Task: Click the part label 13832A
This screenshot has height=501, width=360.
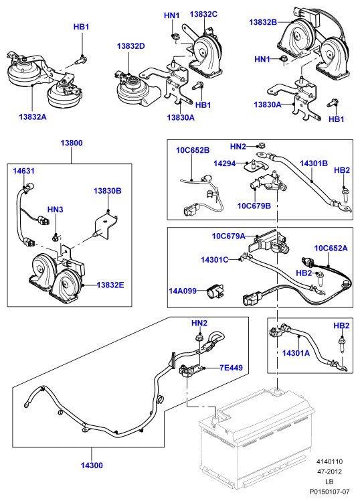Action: pyautogui.click(x=33, y=117)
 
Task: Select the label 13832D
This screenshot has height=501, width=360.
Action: pyautogui.click(x=131, y=46)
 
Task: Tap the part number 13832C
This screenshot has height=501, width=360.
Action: pyautogui.click(x=203, y=14)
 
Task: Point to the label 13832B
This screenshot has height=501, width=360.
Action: pyautogui.click(x=263, y=22)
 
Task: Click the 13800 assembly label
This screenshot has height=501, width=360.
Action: pyautogui.click(x=72, y=143)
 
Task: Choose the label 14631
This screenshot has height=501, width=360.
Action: pyautogui.click(x=23, y=171)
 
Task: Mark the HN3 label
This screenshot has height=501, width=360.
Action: pyautogui.click(x=56, y=210)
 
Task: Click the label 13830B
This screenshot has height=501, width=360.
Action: pyautogui.click(x=108, y=191)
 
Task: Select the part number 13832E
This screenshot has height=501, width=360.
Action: pyautogui.click(x=110, y=285)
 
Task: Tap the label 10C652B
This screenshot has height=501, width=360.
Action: pyautogui.click(x=193, y=150)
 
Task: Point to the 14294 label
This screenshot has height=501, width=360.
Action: pyautogui.click(x=224, y=163)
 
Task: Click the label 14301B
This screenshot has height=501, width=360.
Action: pyautogui.click(x=314, y=163)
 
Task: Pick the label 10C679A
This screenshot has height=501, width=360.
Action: pyautogui.click(x=228, y=236)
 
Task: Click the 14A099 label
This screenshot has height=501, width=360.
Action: pyautogui.click(x=183, y=291)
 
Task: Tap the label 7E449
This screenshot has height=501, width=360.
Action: pyautogui.click(x=231, y=368)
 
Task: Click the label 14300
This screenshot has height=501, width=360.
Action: pyautogui.click(x=92, y=466)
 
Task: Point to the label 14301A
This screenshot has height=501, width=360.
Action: pyautogui.click(x=296, y=353)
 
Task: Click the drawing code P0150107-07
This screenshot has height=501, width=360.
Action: pyautogui.click(x=329, y=492)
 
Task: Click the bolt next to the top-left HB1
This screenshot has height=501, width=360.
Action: pyautogui.click(x=82, y=60)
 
